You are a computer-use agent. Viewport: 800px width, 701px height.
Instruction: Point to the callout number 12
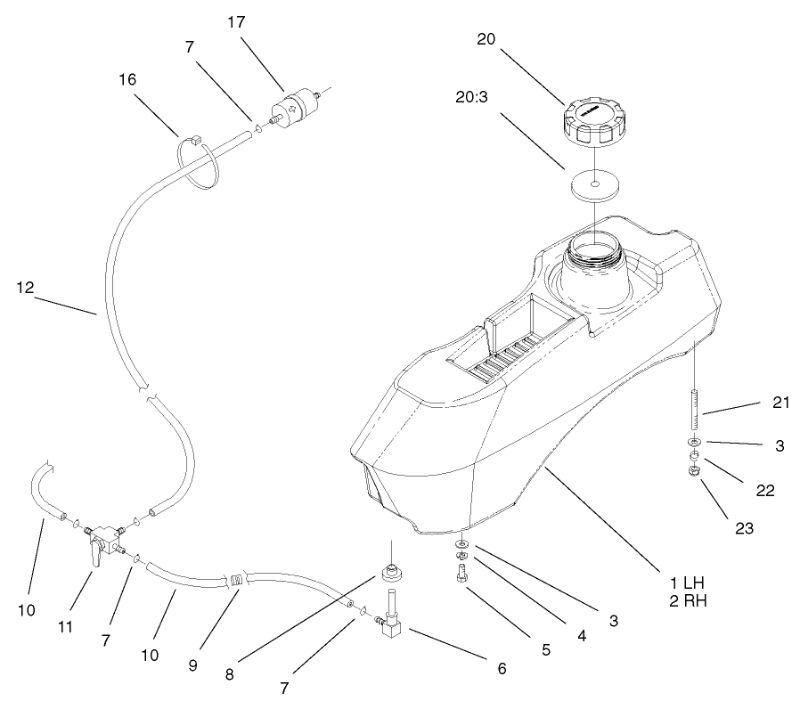coord(24,287)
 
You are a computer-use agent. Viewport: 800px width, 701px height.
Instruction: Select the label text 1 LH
coord(689,583)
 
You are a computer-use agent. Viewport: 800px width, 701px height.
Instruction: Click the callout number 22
coord(764,490)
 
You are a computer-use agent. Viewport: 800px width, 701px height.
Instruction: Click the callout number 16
coord(127,79)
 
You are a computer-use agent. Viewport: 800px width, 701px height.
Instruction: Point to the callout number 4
coord(581,636)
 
